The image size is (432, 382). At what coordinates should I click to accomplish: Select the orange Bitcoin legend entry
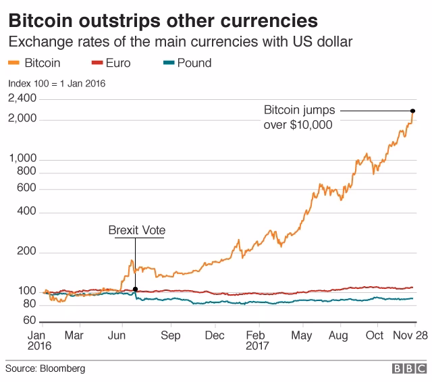click(34, 63)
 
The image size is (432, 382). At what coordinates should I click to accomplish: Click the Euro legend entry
click(109, 63)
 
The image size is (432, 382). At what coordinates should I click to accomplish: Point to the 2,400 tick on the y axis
click(22, 99)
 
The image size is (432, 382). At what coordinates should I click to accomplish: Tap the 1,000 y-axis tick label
click(22, 159)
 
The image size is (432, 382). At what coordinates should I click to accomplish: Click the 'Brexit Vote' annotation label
click(136, 231)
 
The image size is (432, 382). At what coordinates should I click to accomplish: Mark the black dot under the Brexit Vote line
click(136, 289)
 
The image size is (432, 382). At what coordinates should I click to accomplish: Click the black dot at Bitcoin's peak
click(412, 111)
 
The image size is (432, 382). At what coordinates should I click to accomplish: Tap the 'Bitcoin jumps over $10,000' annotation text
click(298, 117)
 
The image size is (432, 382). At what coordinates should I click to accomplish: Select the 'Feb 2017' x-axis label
click(257, 340)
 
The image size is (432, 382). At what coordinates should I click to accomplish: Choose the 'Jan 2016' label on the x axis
click(39, 340)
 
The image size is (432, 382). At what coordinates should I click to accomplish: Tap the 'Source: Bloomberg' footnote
click(45, 369)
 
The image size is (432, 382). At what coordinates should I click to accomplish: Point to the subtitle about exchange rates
click(180, 43)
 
